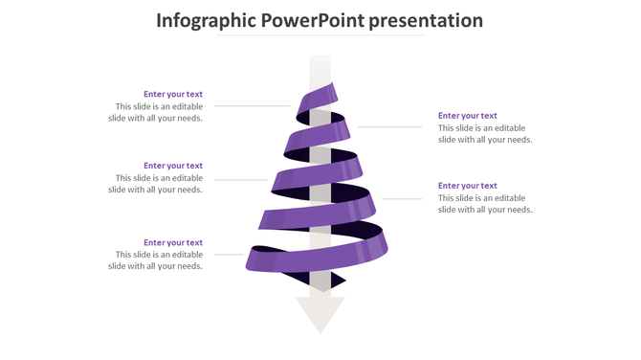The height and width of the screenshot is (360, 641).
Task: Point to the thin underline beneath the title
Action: (x=320, y=36)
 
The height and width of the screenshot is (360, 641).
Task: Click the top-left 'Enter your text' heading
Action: (x=173, y=94)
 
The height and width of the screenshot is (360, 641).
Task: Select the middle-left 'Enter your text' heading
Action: (x=173, y=166)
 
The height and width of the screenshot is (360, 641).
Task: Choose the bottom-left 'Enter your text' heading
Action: (x=173, y=242)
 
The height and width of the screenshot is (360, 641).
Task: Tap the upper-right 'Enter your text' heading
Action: (x=468, y=116)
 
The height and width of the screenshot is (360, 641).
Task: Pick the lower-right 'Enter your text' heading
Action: (x=468, y=186)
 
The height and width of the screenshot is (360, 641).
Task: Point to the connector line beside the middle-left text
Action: (x=239, y=179)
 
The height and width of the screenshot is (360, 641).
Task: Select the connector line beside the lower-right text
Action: (x=402, y=198)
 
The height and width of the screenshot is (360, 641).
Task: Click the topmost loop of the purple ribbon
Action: (x=319, y=99)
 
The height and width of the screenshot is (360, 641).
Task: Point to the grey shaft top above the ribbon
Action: (x=320, y=67)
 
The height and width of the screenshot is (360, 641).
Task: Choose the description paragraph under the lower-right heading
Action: (x=485, y=204)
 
